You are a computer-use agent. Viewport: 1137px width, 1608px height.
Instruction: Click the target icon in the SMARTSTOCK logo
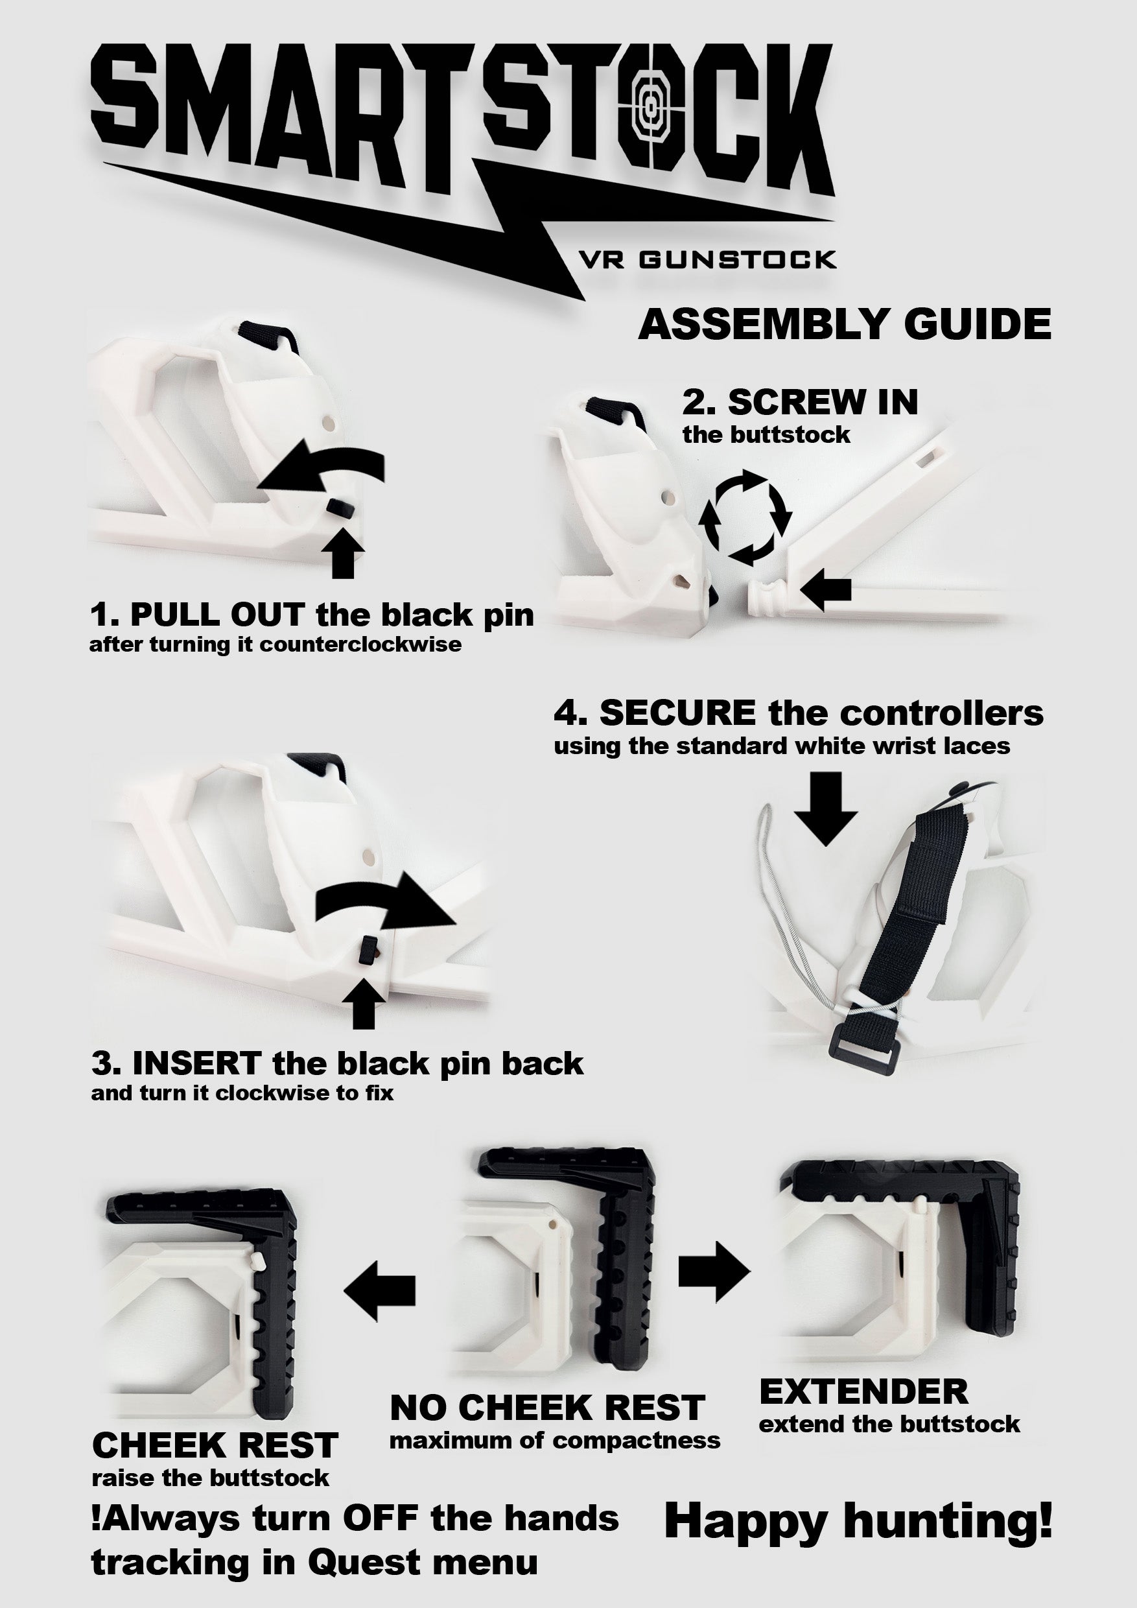650,110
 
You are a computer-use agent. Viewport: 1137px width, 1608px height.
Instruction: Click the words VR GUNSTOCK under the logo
707,261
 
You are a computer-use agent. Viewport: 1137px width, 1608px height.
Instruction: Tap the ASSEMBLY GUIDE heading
845,324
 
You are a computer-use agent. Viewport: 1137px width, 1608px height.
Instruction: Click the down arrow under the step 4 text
826,809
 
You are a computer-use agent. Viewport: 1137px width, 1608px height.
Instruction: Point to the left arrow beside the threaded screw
826,589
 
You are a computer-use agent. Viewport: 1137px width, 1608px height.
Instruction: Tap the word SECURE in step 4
677,713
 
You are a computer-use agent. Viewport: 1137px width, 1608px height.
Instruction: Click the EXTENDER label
864,1391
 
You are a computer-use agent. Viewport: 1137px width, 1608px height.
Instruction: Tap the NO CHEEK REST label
547,1408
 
